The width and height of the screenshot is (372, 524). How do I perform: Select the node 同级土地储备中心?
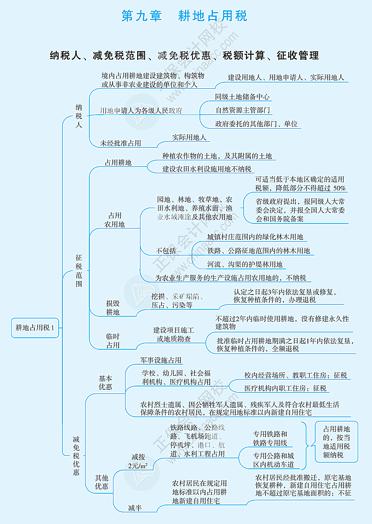point(243,97)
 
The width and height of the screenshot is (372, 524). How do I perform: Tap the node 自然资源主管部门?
point(243,111)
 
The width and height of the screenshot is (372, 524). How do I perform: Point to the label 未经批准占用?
point(120,144)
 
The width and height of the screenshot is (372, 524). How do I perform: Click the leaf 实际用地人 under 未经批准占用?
point(189,137)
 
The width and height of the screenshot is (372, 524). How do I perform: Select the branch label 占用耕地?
point(118,163)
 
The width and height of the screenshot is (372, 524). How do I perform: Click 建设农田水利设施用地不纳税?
point(206,169)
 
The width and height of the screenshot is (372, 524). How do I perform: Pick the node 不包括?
point(166,251)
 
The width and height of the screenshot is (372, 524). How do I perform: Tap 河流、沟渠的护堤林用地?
point(245,265)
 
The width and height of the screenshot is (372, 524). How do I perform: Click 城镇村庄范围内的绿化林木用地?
point(255,237)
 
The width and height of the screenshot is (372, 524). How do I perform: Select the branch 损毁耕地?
point(113,308)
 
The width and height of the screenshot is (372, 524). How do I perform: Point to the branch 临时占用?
point(113,341)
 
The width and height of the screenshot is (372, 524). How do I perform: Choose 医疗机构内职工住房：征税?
point(285,388)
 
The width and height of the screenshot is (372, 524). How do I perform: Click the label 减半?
point(135,508)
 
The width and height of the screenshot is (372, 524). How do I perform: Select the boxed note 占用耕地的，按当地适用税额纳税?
point(337,442)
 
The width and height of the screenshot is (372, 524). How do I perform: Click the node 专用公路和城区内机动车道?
point(273,460)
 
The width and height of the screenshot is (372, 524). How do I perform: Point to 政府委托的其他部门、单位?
point(256,124)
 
